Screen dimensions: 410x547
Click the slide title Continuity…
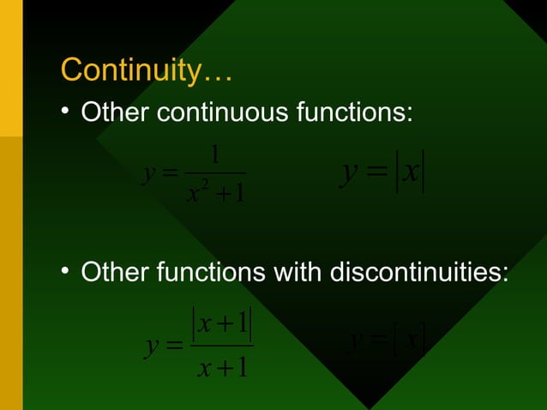tap(146, 69)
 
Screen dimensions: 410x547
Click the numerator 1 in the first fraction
tap(215, 155)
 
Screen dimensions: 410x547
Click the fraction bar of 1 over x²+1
tap(215, 173)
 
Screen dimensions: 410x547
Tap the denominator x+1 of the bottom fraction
tap(222, 367)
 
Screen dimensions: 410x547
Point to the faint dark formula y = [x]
tap(388, 341)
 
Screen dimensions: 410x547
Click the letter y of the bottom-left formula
tap(152, 347)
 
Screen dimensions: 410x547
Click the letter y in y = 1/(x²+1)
tap(150, 175)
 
